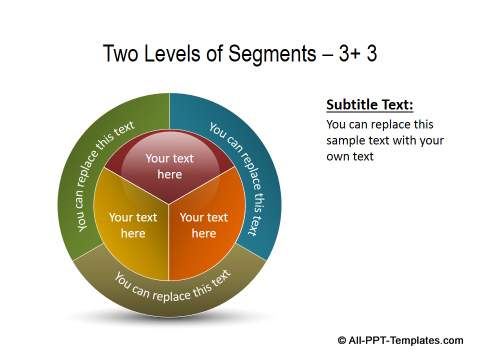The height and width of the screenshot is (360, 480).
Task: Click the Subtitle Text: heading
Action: (370, 105)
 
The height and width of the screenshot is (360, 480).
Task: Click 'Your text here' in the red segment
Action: (169, 166)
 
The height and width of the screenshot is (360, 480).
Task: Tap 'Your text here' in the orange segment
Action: (204, 225)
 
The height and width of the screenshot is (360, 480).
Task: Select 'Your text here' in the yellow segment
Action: (133, 225)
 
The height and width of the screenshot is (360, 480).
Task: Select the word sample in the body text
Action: (353, 141)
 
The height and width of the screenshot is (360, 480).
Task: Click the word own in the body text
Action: (340, 157)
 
